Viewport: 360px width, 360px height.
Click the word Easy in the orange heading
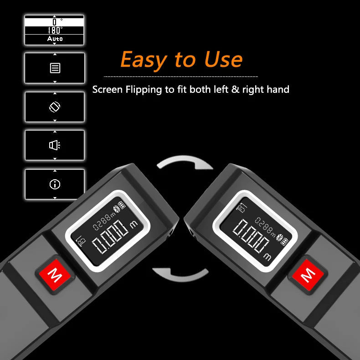tap(144, 60)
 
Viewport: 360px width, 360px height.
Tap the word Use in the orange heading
tap(223, 59)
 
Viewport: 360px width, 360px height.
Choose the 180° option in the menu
tap(54, 30)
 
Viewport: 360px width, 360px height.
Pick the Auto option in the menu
tap(54, 39)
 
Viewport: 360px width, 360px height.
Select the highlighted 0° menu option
tap(54, 22)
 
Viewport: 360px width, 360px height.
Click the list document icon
tap(55, 68)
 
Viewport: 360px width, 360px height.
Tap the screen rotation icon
tap(55, 107)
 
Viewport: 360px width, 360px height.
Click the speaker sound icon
tap(55, 145)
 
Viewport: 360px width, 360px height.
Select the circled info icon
tap(55, 184)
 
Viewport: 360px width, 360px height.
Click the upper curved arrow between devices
tap(185, 161)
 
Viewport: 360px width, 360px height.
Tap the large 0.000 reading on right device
tap(251, 236)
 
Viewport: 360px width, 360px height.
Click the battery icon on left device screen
tap(122, 204)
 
